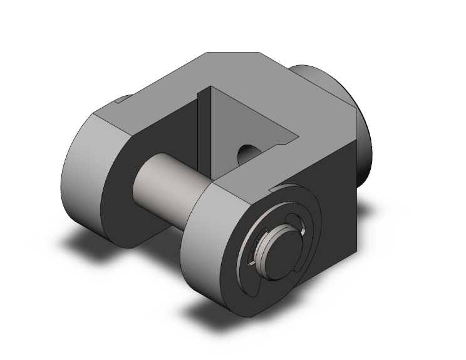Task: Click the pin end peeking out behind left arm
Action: [x=122, y=99]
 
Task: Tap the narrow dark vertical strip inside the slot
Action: [x=202, y=131]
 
